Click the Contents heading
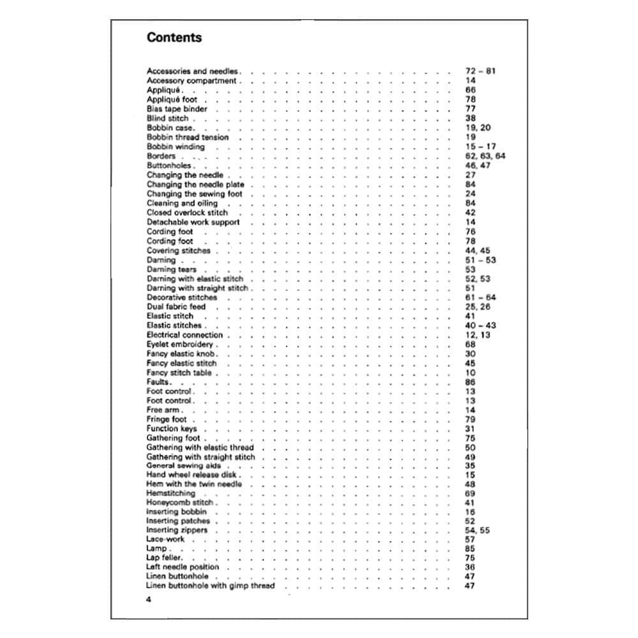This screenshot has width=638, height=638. pos(174,37)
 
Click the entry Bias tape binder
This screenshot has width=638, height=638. pos(177,109)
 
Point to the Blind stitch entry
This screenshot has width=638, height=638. pos(168,119)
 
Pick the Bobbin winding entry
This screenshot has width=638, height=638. pos(175,147)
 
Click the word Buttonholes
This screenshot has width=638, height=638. pos(169,166)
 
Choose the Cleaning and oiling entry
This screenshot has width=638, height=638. pos(182,204)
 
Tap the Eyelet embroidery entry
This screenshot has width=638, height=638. pos(180,345)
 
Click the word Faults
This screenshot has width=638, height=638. pos(158,382)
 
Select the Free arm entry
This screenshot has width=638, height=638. pos(163,410)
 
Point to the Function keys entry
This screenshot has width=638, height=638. pos(172,429)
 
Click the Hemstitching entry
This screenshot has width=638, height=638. pos(171,494)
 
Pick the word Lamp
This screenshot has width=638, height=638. pos(157,549)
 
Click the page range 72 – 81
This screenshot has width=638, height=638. pos(480,71)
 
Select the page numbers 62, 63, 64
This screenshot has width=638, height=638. pos(486,156)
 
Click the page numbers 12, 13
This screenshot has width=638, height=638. pos(477,335)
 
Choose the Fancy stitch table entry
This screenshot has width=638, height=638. pos(179,373)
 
